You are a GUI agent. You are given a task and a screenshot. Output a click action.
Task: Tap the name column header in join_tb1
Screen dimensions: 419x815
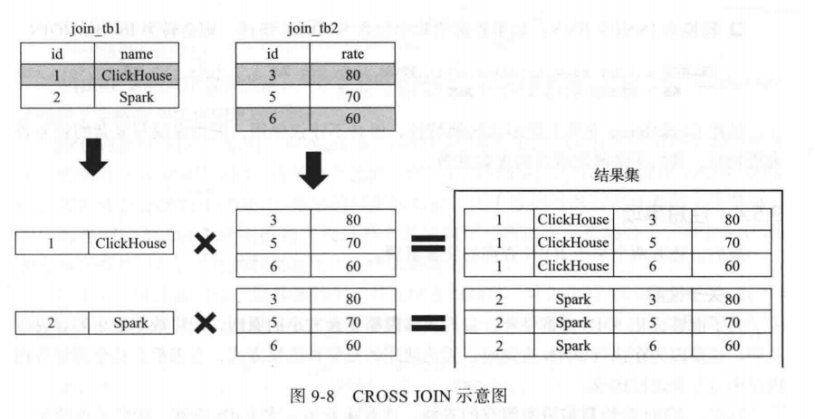tap(136, 53)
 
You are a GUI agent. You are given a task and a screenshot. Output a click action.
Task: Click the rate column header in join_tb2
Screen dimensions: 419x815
tap(352, 53)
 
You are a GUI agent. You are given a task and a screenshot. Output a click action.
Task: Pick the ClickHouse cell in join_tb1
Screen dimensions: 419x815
tap(136, 75)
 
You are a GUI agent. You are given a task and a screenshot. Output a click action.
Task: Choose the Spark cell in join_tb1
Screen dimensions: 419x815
tap(136, 96)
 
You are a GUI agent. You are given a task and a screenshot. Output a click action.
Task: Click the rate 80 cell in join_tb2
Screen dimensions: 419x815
tap(352, 75)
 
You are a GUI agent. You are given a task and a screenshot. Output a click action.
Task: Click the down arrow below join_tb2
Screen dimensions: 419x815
tap(312, 167)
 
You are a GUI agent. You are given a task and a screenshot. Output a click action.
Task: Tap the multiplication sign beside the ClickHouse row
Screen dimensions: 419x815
tap(207, 243)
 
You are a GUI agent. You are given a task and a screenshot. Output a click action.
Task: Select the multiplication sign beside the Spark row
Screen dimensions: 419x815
tap(207, 321)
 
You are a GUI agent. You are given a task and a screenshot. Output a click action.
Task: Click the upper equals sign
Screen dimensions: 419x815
tap(427, 243)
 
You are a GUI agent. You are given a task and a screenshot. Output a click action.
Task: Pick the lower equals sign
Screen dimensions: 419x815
tap(427, 322)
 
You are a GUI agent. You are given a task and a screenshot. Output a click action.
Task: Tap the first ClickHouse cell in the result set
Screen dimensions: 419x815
tap(573, 220)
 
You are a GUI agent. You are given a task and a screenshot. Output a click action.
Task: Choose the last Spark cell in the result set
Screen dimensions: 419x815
tap(573, 345)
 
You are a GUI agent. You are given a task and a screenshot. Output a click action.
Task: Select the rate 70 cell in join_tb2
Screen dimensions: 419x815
tap(352, 96)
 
